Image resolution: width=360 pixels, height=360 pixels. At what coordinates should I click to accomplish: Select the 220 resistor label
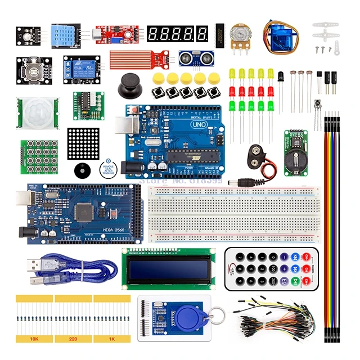(x=73, y=339)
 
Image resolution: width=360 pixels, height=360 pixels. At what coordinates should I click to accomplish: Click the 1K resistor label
(x=111, y=339)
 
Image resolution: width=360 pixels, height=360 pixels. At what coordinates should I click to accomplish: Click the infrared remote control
(x=272, y=268)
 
